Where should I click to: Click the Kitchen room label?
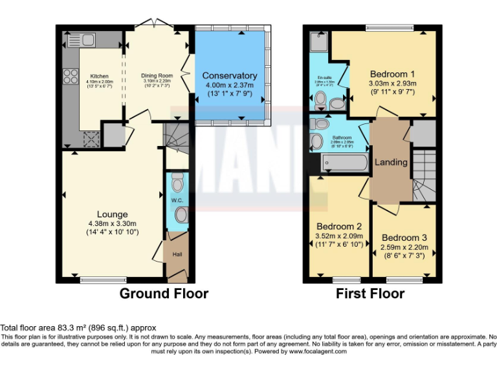pos(100,76)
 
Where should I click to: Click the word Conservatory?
pos(229,76)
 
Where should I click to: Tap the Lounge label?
pos(113,214)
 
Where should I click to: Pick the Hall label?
pos(177,254)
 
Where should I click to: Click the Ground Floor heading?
pos(164,294)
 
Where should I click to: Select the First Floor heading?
pos(370,294)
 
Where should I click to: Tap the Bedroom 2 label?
pos(338,227)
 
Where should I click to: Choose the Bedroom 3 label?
pos(404,237)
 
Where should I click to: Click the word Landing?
pos(392,162)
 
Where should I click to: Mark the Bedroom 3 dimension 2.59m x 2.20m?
pos(404,247)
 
